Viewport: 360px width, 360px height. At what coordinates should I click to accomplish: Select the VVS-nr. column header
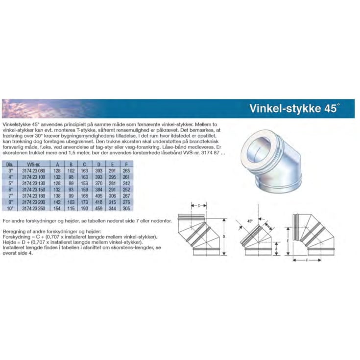(x=33, y=165)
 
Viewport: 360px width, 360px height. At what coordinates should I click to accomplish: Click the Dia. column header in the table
(x=9, y=165)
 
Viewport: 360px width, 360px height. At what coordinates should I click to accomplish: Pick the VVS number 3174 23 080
(x=33, y=170)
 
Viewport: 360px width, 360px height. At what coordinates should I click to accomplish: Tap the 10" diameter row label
(x=9, y=209)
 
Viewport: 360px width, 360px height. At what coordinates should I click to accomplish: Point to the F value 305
(x=127, y=209)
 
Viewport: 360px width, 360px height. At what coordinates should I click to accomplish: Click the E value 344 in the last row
(x=113, y=209)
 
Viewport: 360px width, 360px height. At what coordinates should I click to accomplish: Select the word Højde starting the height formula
(x=10, y=242)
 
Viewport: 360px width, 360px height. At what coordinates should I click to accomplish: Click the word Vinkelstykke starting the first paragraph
(x=14, y=126)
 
